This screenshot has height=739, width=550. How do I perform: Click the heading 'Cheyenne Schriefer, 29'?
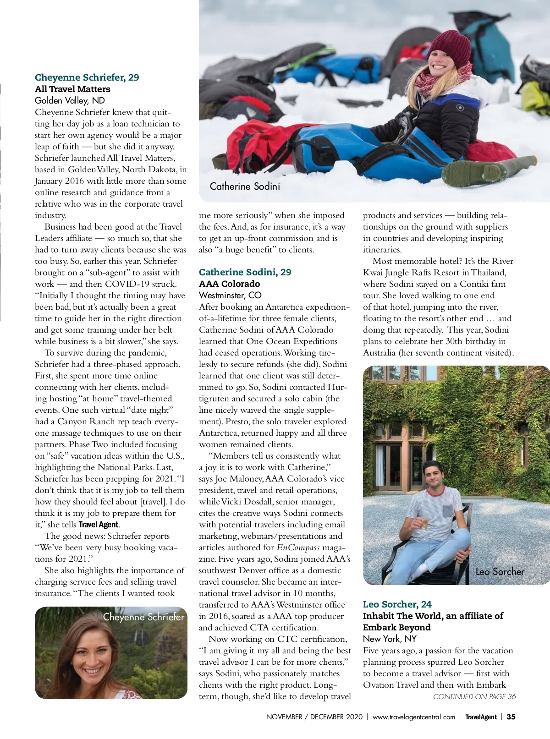click(x=87, y=77)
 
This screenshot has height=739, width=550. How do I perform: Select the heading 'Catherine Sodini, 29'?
click(x=245, y=272)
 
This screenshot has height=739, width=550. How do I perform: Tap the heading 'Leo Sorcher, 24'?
click(x=397, y=604)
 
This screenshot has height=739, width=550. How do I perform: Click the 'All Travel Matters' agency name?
click(x=72, y=89)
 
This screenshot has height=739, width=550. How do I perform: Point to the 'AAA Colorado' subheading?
click(x=229, y=284)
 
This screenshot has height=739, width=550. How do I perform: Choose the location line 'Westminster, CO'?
click(x=230, y=295)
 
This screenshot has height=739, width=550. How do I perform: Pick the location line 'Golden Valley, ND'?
click(x=70, y=100)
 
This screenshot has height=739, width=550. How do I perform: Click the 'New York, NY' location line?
click(x=390, y=639)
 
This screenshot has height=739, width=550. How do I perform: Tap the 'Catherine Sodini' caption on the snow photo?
click(x=245, y=186)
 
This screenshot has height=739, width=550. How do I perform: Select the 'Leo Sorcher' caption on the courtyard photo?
click(x=500, y=571)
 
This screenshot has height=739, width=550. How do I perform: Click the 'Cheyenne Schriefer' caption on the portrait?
click(x=143, y=617)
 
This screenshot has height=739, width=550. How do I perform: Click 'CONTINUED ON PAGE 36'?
click(x=474, y=696)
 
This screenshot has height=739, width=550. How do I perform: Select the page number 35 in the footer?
click(x=511, y=717)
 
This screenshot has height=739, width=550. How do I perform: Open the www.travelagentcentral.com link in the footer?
click(x=413, y=717)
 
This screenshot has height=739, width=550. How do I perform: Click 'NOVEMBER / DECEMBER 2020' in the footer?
click(x=314, y=717)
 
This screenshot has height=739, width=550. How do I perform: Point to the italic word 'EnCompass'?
click(x=298, y=547)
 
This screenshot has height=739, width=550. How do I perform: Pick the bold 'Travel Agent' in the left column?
click(x=99, y=525)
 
